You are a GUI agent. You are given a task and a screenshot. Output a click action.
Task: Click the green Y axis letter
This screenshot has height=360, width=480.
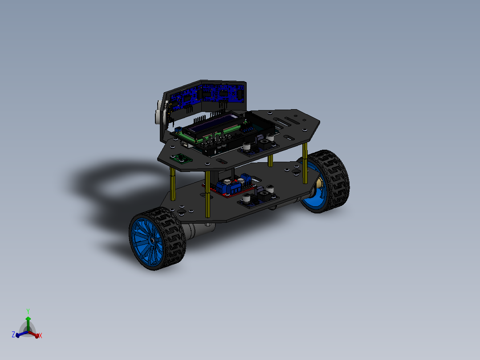(x=28, y=311)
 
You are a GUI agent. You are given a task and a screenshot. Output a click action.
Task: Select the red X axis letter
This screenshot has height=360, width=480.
(x=40, y=335)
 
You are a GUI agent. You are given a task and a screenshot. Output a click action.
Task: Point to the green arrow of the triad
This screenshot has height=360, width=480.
(x=28, y=322)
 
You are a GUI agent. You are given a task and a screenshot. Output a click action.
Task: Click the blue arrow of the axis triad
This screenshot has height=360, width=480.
(x=20, y=334)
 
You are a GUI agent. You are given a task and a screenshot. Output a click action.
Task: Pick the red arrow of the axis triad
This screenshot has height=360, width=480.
(x=35, y=334)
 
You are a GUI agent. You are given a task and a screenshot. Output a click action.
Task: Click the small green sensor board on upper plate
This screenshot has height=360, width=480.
(x=182, y=157)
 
